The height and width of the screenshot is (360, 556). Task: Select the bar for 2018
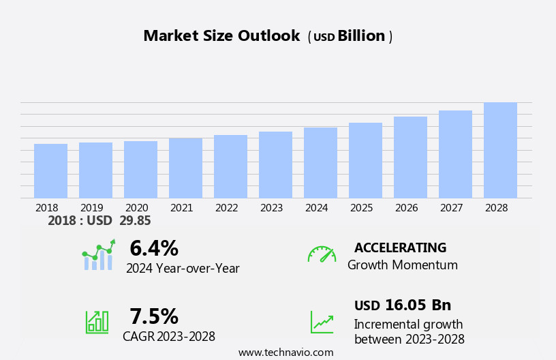point(50,171)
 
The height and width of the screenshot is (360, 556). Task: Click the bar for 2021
point(185,168)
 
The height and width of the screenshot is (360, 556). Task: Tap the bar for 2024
point(320,163)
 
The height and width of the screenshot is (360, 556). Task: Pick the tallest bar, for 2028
point(500,151)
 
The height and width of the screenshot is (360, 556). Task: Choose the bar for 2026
point(410,157)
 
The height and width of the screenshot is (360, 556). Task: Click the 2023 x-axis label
point(272,208)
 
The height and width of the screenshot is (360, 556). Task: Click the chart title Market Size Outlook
point(221,36)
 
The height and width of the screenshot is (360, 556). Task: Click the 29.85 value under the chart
point(135,221)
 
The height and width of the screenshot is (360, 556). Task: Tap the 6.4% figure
point(154,249)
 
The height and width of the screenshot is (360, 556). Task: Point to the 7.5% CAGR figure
point(154,316)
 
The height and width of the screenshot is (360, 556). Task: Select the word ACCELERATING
point(400,248)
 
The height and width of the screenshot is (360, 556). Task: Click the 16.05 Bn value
point(418,305)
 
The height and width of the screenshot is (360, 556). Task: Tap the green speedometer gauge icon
point(322,254)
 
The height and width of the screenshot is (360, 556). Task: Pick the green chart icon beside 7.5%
point(97,321)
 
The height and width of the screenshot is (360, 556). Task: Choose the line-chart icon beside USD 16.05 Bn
point(322,321)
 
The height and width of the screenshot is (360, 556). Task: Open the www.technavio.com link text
point(285,352)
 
